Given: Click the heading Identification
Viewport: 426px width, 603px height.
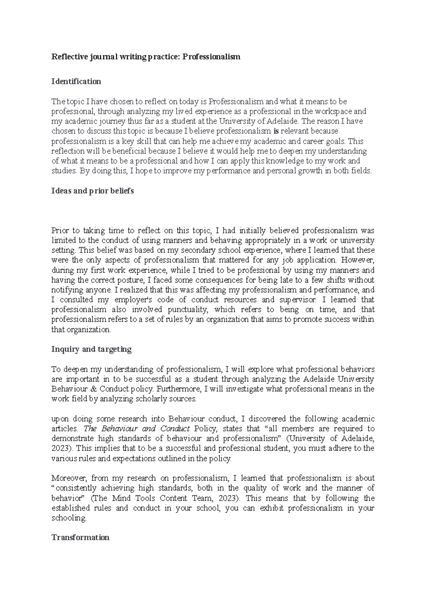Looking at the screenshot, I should coord(76,81).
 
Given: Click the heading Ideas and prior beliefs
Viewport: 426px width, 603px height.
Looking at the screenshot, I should coord(93,191).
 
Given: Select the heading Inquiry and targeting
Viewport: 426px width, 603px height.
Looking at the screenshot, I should coord(92,349).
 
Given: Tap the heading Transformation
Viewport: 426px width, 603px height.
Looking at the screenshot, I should coord(80,537).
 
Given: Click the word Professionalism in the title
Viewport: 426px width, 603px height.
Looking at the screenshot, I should coord(211,56).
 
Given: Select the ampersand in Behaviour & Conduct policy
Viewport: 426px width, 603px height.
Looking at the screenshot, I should coord(93,389).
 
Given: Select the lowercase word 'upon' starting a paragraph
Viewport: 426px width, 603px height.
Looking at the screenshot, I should coord(60,419).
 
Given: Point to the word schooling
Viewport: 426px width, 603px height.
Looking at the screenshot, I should coord(69,518).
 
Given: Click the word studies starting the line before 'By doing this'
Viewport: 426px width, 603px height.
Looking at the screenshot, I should coord(64,171).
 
